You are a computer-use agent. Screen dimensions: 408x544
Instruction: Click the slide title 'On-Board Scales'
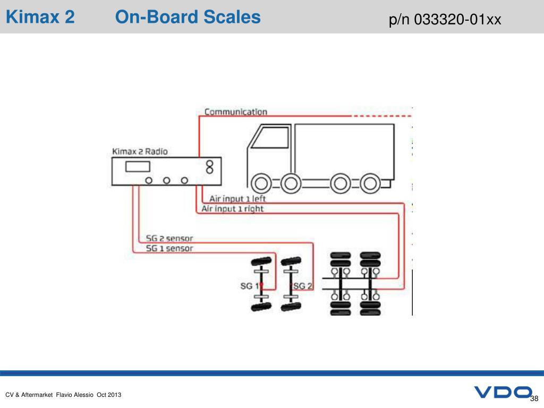pyautogui.click(x=188, y=18)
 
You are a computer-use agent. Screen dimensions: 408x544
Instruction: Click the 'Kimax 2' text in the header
pyautogui.click(x=40, y=18)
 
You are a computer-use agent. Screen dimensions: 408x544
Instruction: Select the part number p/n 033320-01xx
pyautogui.click(x=445, y=20)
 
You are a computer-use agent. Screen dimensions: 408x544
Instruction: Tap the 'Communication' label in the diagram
pyautogui.click(x=236, y=112)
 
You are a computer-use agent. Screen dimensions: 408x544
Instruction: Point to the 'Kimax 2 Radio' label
pyautogui.click(x=140, y=151)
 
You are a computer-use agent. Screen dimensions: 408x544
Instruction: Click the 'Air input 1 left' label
pyautogui.click(x=237, y=199)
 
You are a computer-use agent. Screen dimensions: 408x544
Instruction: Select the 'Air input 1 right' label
pyautogui.click(x=232, y=209)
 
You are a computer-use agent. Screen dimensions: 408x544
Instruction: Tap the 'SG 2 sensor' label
pyautogui.click(x=169, y=239)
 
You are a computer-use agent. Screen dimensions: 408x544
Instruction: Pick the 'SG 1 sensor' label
pyautogui.click(x=169, y=248)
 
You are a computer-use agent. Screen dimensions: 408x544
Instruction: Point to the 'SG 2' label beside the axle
pyautogui.click(x=303, y=286)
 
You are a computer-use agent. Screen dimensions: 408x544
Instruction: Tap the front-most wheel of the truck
pyautogui.click(x=261, y=184)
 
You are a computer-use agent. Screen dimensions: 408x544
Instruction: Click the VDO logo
pyautogui.click(x=503, y=393)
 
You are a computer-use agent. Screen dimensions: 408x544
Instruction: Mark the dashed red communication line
pyautogui.click(x=382, y=115)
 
